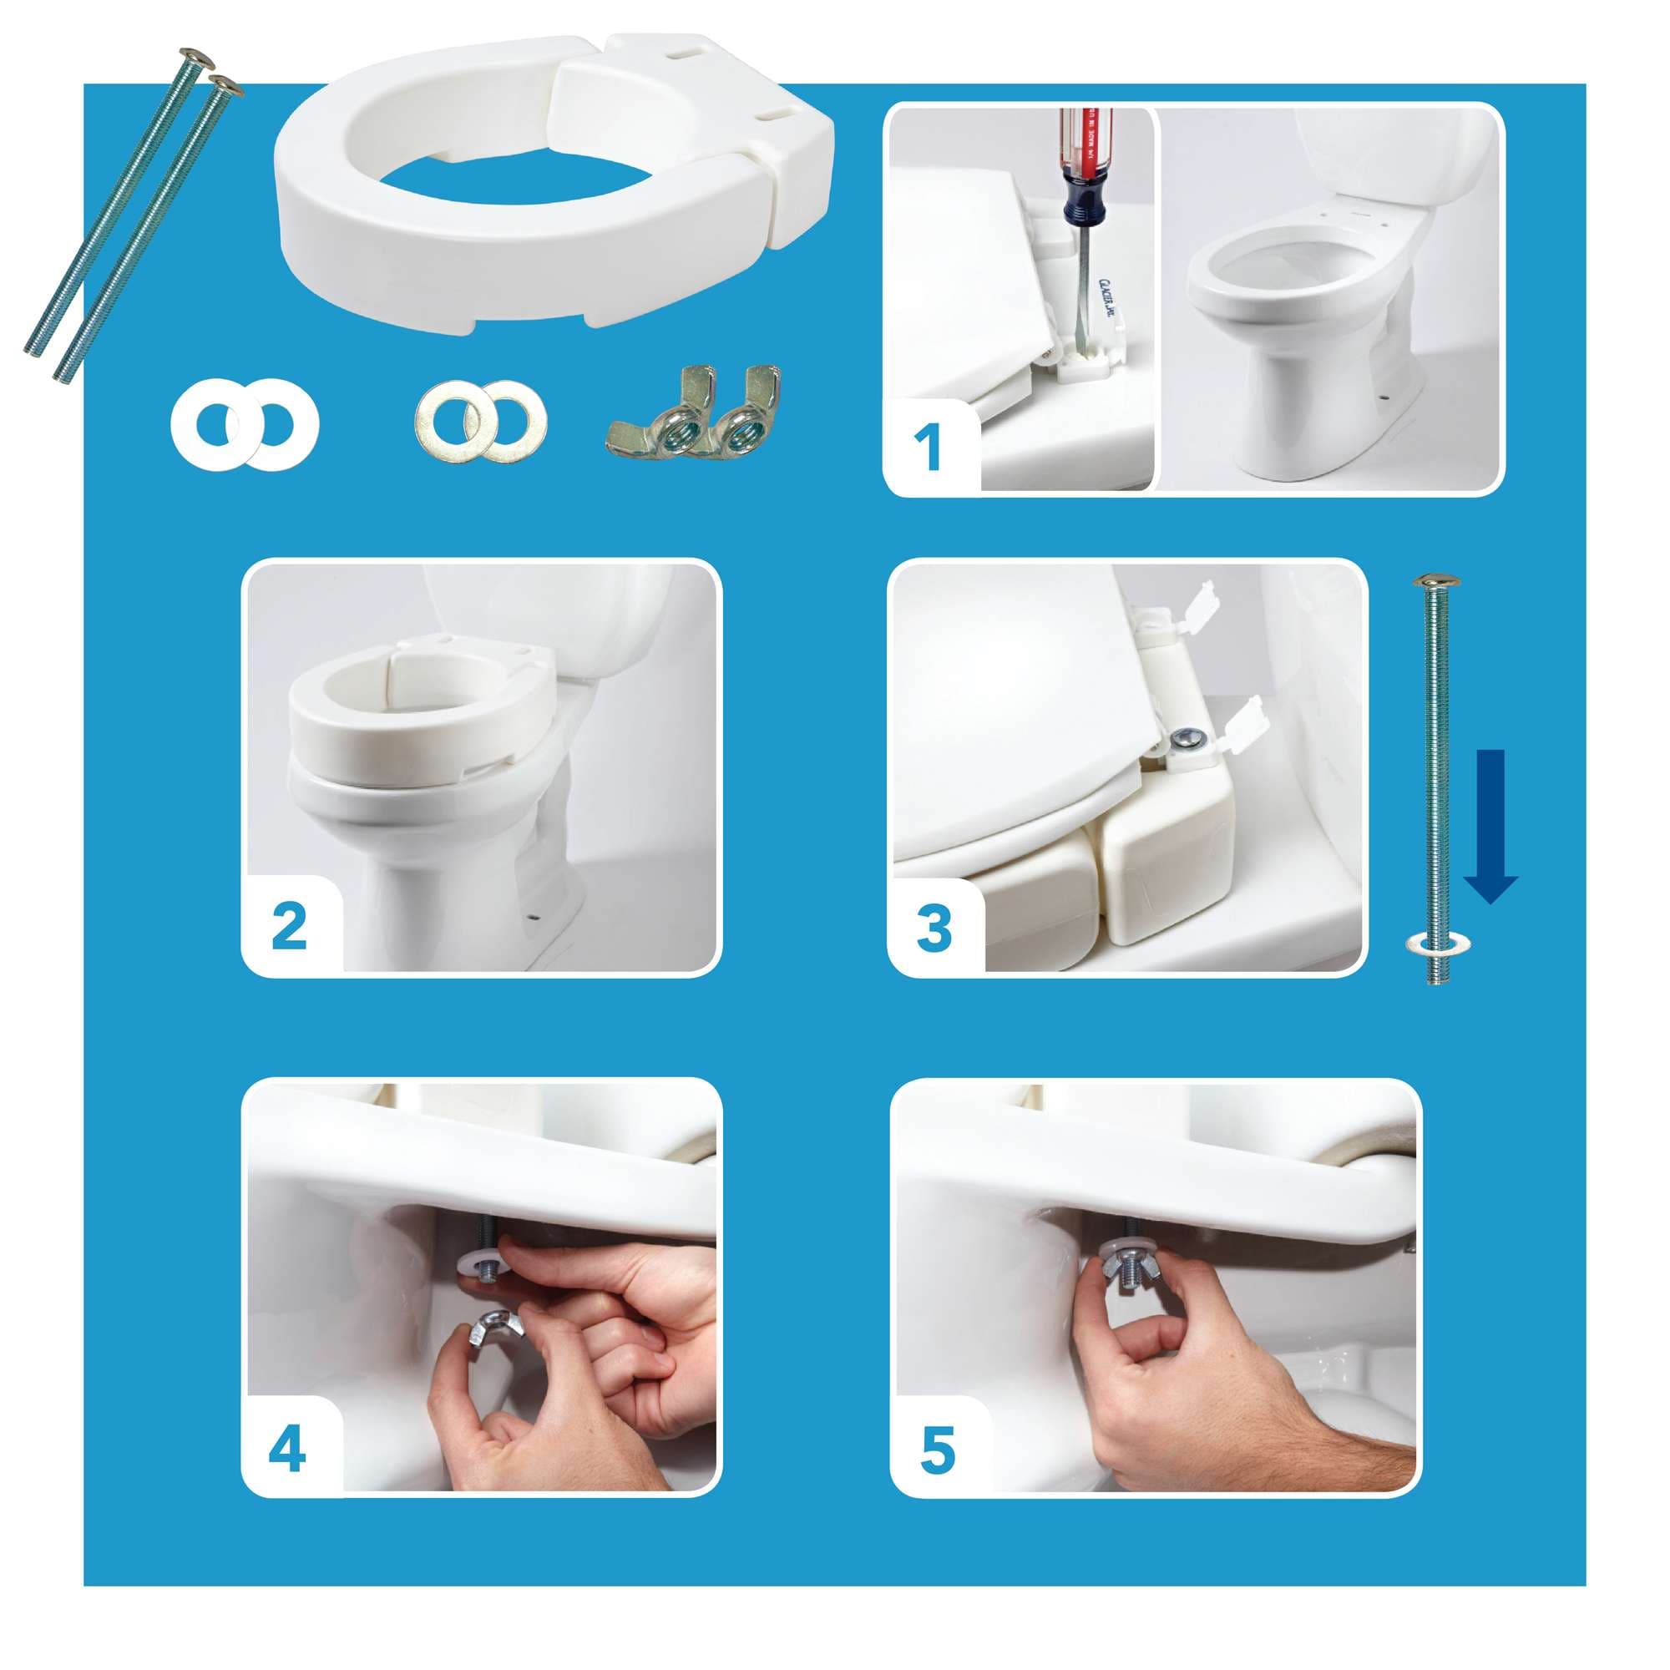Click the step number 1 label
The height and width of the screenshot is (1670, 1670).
click(x=928, y=448)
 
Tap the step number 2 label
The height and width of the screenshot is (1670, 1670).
click(x=289, y=927)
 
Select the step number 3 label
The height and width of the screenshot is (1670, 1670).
click(x=934, y=929)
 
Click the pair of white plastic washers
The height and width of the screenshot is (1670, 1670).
click(x=245, y=423)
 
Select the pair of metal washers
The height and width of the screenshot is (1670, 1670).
click(x=481, y=420)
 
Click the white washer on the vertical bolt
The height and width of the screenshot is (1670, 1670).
click(x=1434, y=942)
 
